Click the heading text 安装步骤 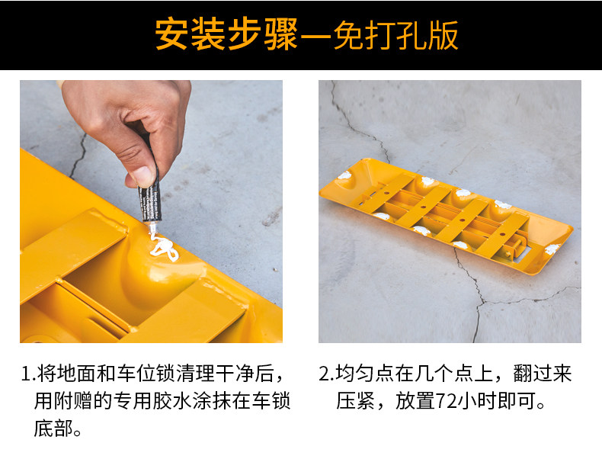[227, 35]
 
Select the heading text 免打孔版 [395, 35]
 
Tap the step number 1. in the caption [28, 374]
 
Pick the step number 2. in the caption [326, 374]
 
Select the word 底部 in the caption [53, 428]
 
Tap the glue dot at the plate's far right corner [552, 249]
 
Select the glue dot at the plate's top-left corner [344, 175]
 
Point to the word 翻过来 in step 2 [543, 374]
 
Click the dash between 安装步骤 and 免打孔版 [316, 36]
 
